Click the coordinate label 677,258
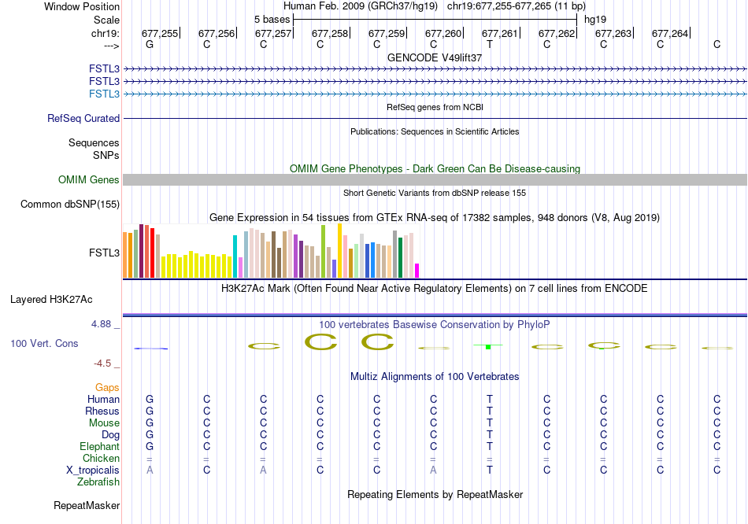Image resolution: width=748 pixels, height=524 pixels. pos(330,33)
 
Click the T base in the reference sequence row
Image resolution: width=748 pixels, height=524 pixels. pos(490,45)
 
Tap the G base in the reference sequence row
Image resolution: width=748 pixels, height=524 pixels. pos(150,45)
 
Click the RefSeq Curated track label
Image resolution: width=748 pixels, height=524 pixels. pos(83,119)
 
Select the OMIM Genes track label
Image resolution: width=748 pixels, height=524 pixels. pos(89,180)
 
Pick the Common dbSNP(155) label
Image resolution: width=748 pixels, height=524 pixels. pos(70,205)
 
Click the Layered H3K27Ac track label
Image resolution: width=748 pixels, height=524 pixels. pos(51,300)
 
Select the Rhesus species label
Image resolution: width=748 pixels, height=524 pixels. pos(103,411)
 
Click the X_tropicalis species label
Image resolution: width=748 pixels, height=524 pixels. pos(93,470)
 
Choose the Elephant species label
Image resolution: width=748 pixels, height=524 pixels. pos(99,446)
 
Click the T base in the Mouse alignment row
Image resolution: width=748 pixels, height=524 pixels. pos(490,423)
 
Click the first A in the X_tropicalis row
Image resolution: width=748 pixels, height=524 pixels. pos(150,470)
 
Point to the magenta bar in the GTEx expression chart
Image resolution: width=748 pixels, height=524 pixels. pos(417,270)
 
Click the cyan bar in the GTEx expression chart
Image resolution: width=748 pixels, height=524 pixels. pos(235,256)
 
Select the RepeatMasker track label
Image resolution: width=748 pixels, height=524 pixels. pos(87,505)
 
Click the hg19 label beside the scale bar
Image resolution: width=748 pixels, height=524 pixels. pos(594,18)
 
